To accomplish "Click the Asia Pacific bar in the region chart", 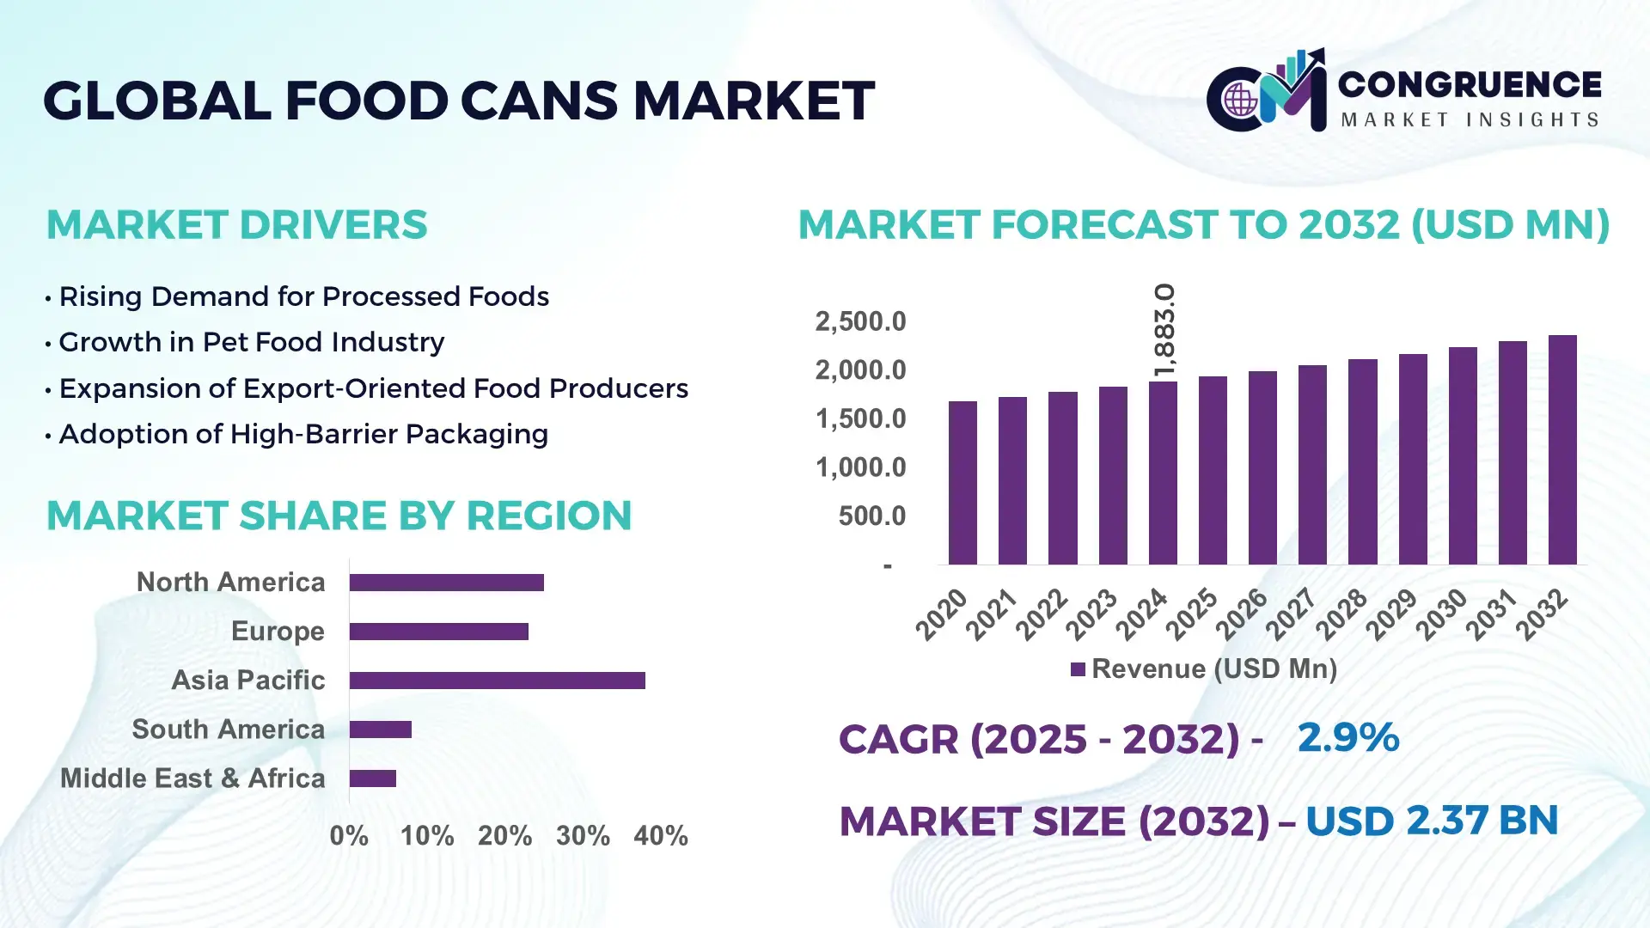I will (x=497, y=681).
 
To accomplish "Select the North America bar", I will (x=446, y=583).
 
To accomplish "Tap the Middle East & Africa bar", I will (x=372, y=778).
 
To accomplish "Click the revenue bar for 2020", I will (x=962, y=483).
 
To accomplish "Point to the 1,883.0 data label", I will (x=1164, y=330).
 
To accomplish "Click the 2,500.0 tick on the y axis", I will (x=860, y=322).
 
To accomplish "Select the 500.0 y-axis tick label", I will (x=871, y=516).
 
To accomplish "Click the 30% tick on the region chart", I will (x=583, y=836).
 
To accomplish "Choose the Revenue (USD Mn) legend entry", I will (x=1204, y=669).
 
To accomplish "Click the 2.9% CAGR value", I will (x=1347, y=738).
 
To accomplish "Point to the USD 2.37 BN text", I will (x=1431, y=821).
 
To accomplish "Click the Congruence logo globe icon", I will (x=1240, y=101).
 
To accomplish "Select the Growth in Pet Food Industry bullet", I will (x=251, y=342).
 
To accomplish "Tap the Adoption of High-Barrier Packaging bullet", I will (x=302, y=434).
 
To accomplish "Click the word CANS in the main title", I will (x=538, y=101).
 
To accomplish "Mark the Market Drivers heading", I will (x=236, y=225).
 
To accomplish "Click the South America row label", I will (x=228, y=730).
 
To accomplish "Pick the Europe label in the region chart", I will (x=278, y=632).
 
